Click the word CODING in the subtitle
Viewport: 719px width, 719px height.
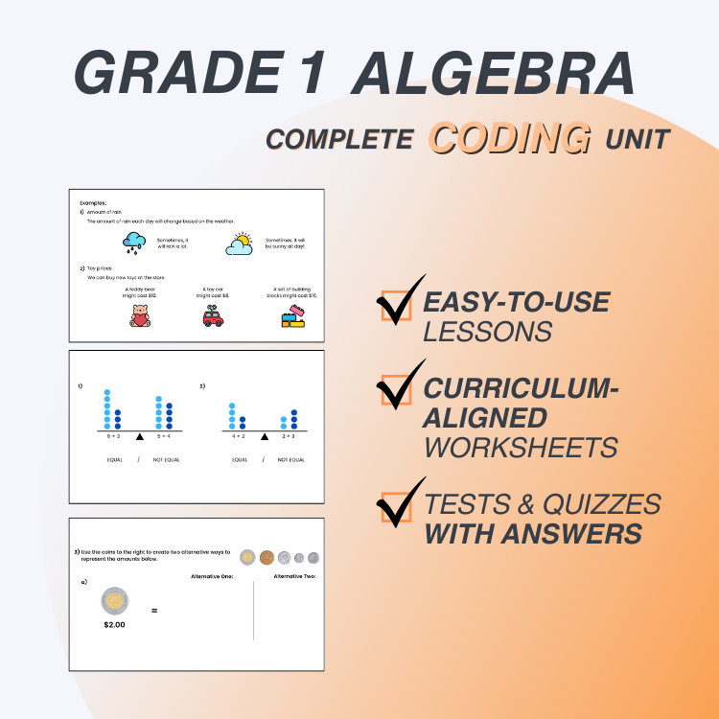click(x=509, y=136)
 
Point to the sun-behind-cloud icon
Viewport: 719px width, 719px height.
click(x=240, y=244)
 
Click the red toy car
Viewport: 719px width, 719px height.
click(x=213, y=316)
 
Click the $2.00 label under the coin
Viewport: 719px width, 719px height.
click(x=115, y=625)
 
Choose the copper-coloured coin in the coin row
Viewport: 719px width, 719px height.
click(x=266, y=557)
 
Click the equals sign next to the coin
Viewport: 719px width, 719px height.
click(x=154, y=610)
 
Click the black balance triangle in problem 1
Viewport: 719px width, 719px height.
click(x=140, y=437)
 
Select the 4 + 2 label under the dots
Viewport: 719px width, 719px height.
click(x=237, y=435)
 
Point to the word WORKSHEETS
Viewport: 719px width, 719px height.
click(x=522, y=446)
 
